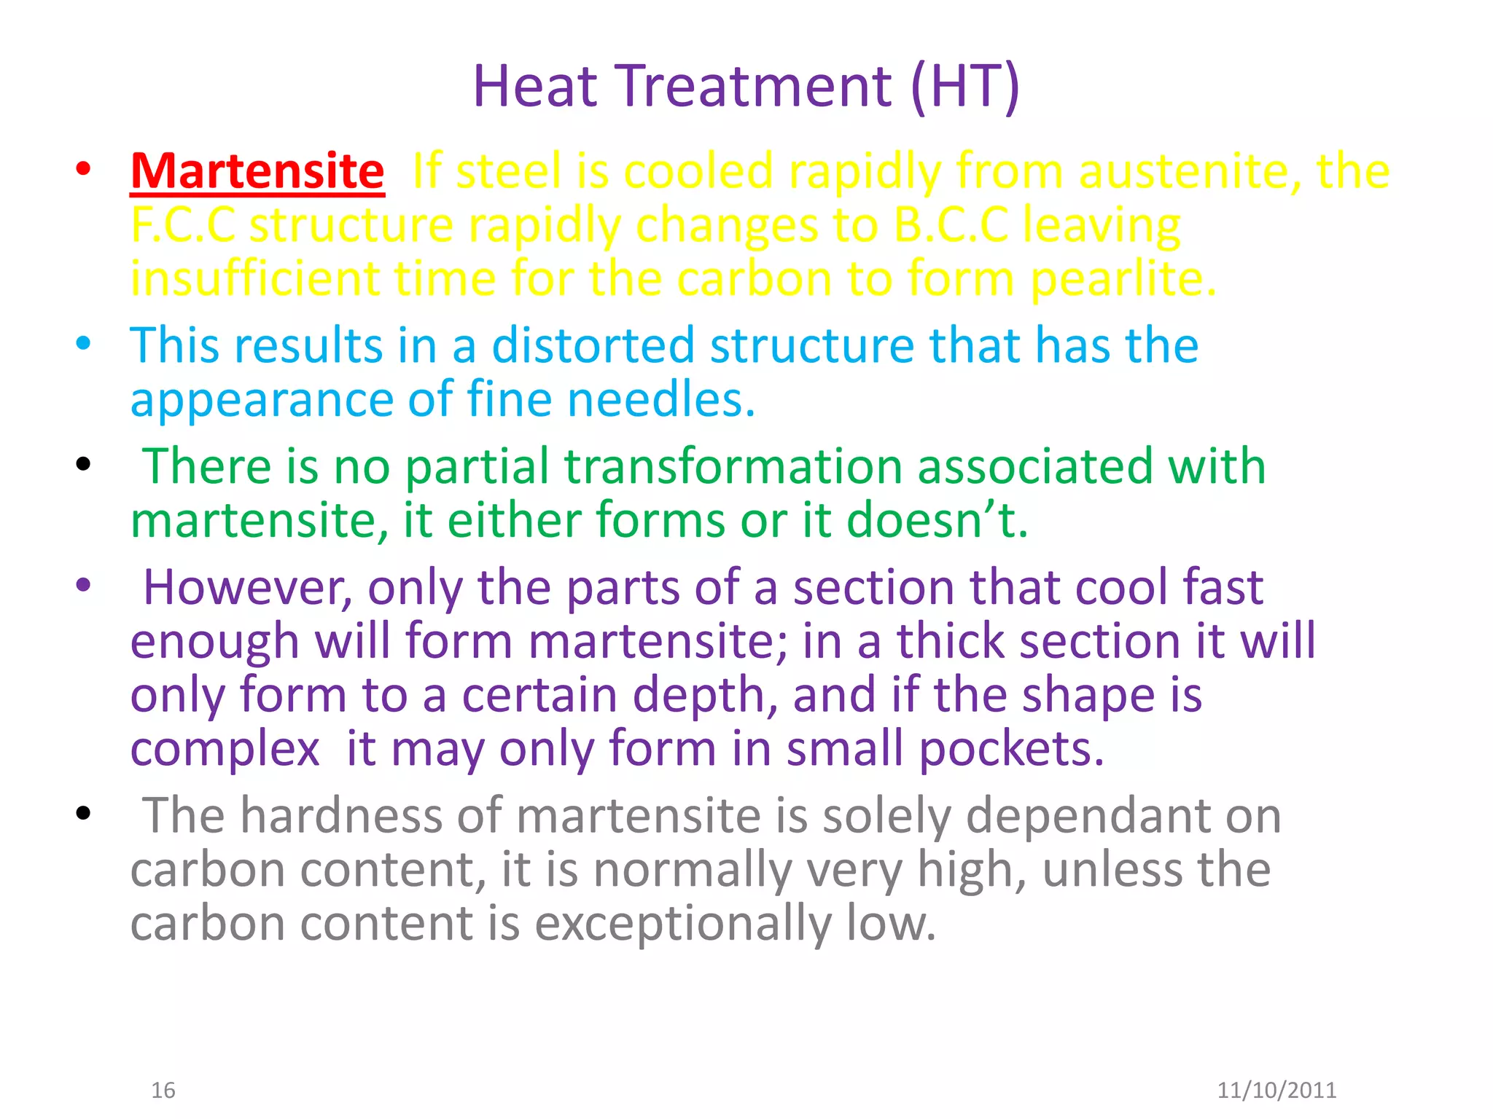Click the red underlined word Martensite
click(257, 172)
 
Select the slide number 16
click(163, 1090)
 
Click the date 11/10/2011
click(1276, 1090)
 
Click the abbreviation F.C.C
click(183, 225)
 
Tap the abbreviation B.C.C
click(951, 225)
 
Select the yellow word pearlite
click(1123, 280)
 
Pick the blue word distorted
click(593, 345)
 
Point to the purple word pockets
click(1010, 750)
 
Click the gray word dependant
click(1123, 817)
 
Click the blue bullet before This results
click(84, 343)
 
